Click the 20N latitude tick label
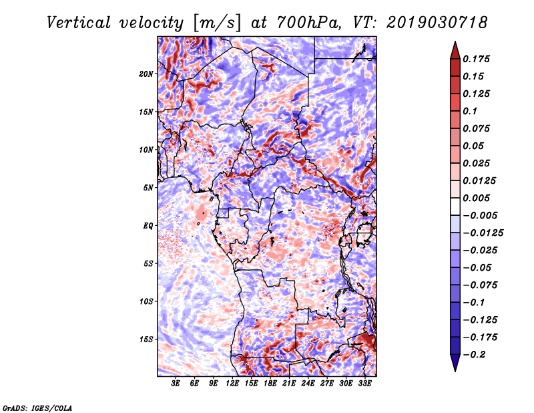(x=146, y=74)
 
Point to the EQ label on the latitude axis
(x=148, y=225)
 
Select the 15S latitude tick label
(x=146, y=339)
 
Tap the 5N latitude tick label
(x=148, y=188)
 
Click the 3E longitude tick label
(x=176, y=383)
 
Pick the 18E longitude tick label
(x=270, y=383)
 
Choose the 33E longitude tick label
(x=364, y=383)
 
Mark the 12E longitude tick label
(x=232, y=383)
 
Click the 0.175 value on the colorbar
(x=476, y=59)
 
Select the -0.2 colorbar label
(x=474, y=355)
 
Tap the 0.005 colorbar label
(x=476, y=198)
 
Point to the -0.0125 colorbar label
(x=483, y=233)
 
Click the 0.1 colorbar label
(x=470, y=111)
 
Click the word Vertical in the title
(x=79, y=23)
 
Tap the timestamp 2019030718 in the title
(x=437, y=23)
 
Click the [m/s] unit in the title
(x=217, y=23)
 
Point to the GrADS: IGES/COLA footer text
(x=37, y=408)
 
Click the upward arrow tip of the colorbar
(x=455, y=41)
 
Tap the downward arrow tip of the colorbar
(x=455, y=372)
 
